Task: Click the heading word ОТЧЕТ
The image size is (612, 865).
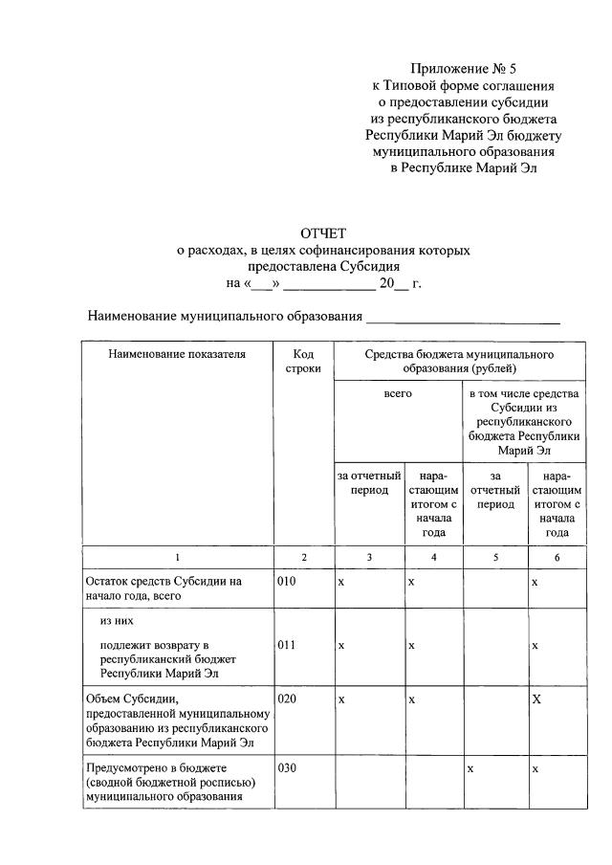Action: click(x=323, y=233)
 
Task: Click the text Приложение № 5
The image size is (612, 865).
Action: click(x=463, y=68)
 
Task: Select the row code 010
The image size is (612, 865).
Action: click(x=288, y=581)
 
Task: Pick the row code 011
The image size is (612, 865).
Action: click(x=288, y=645)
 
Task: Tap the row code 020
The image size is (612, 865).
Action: click(x=288, y=699)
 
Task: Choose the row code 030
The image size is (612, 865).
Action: click(x=288, y=768)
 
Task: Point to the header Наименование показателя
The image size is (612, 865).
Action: click(x=177, y=354)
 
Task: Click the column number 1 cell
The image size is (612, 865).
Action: click(x=177, y=557)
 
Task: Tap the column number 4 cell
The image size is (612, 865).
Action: click(x=434, y=557)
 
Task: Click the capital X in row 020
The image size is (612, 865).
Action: click(x=536, y=699)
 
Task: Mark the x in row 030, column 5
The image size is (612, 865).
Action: click(x=470, y=768)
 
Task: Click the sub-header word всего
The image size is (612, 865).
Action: click(x=398, y=393)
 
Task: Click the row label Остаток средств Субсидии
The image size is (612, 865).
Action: click(x=163, y=588)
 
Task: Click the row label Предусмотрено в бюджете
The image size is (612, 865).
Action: click(x=168, y=782)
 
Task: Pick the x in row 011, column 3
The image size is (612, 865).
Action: click(x=341, y=645)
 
